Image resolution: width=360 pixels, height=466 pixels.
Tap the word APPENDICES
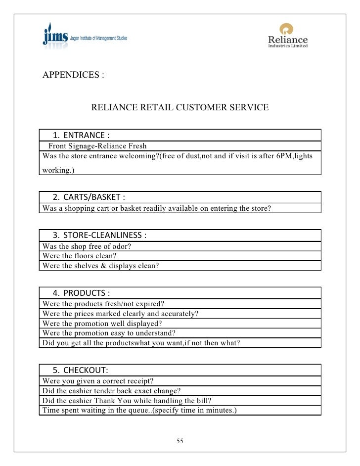point(73,75)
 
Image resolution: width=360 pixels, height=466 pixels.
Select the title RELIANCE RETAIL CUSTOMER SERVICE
point(180,107)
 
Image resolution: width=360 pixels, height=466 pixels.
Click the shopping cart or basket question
point(157,208)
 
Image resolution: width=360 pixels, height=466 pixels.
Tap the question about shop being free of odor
point(89,246)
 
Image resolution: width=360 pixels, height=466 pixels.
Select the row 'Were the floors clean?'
point(80,256)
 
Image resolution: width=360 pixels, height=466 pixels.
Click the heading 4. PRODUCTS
point(81,292)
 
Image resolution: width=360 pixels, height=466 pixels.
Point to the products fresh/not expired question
point(104,303)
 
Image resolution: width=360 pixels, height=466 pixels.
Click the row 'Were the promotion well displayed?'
point(102,323)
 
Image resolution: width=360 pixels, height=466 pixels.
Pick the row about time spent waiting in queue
point(140,410)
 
